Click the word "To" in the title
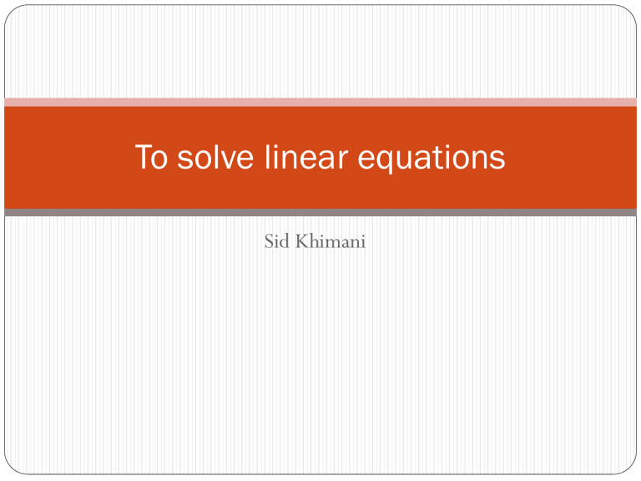click(151, 157)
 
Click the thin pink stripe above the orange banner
click(320, 102)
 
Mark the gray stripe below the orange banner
click(320, 213)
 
